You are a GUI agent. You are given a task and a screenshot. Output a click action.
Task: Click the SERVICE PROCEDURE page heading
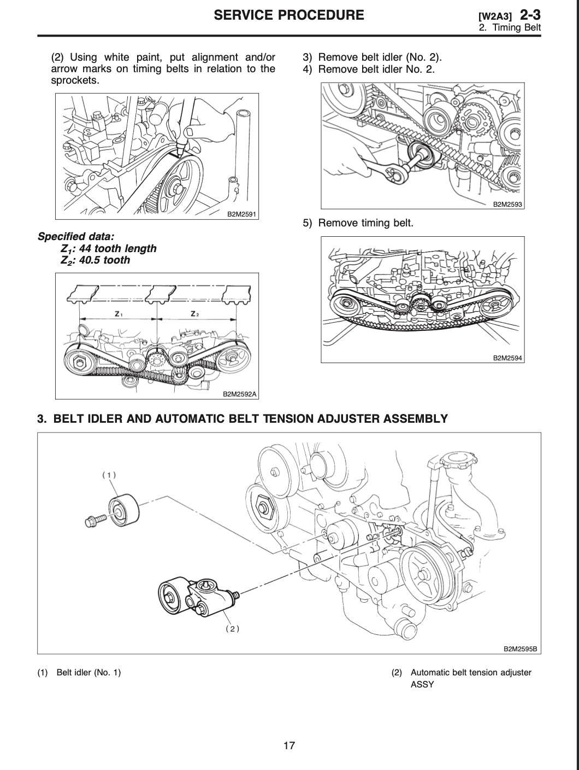pyautogui.click(x=288, y=15)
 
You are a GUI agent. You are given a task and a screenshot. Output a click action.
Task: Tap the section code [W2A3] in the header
pyautogui.click(x=494, y=16)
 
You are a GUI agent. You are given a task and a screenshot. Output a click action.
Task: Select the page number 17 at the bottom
pyautogui.click(x=289, y=745)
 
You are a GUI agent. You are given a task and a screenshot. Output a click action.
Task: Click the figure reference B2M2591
pyautogui.click(x=241, y=214)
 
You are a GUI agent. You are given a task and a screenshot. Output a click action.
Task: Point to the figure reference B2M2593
pyautogui.click(x=507, y=205)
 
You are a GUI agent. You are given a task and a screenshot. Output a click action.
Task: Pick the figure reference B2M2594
pyautogui.click(x=507, y=358)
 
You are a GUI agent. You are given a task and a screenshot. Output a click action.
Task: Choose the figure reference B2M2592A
pyautogui.click(x=239, y=394)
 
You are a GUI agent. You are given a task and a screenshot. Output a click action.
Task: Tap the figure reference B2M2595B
pyautogui.click(x=520, y=649)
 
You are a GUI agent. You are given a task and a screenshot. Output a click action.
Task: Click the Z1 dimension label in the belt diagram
pyautogui.click(x=119, y=314)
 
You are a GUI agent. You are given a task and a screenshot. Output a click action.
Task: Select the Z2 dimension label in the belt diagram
pyautogui.click(x=194, y=314)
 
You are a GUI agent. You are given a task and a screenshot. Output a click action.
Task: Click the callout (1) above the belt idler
pyautogui.click(x=109, y=475)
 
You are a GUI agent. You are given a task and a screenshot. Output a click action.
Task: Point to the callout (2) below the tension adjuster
pyautogui.click(x=232, y=629)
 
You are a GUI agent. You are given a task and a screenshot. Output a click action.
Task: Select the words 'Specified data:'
pyautogui.click(x=76, y=237)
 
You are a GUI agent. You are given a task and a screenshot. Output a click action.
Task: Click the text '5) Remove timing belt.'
pyautogui.click(x=358, y=223)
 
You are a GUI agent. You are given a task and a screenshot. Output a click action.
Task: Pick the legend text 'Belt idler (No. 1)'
pyautogui.click(x=88, y=673)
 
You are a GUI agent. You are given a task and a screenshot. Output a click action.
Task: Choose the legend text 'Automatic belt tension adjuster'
pyautogui.click(x=470, y=673)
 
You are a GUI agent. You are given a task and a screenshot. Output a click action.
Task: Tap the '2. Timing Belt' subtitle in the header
pyautogui.click(x=510, y=28)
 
